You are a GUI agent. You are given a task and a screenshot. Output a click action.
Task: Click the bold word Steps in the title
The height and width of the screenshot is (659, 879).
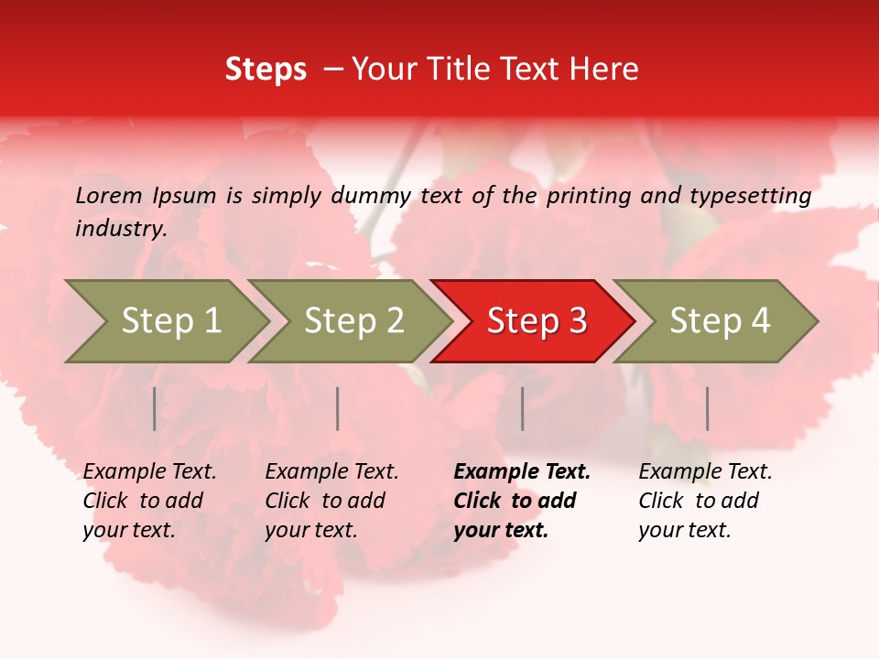tap(266, 70)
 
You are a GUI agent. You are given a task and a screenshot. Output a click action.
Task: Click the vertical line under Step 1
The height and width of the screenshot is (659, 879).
tap(155, 408)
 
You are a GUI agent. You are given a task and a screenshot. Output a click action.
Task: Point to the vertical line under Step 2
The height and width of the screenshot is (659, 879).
tap(338, 408)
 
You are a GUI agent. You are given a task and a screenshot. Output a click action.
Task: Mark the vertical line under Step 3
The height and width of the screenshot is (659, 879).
tap(523, 408)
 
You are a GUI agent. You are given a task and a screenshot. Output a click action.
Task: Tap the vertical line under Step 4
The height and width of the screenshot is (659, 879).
tap(708, 408)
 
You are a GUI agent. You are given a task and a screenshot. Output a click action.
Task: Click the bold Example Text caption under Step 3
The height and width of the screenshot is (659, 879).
tap(522, 501)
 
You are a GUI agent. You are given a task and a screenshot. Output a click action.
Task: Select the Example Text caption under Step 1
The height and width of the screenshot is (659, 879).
tap(149, 501)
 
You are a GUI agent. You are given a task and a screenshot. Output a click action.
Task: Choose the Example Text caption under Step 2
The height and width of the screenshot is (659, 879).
tap(331, 501)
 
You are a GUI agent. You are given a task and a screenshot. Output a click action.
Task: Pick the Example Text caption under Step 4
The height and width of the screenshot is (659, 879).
tap(705, 501)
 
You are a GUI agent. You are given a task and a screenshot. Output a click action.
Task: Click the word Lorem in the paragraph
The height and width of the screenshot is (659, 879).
tap(108, 196)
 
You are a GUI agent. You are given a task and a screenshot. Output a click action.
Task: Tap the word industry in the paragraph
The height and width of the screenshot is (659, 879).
tap(120, 229)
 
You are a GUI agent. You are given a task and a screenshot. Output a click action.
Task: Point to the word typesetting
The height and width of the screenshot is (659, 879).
tap(750, 196)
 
